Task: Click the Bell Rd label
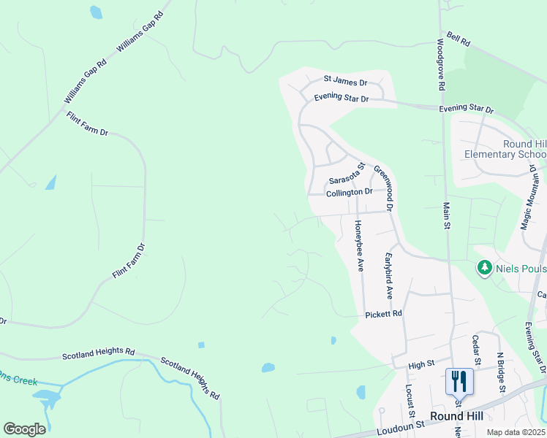(x=457, y=39)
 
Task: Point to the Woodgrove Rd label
(x=441, y=64)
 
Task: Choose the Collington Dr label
(x=350, y=192)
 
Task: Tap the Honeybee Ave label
(x=359, y=245)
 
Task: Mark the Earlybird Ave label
(x=389, y=276)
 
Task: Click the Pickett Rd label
(x=384, y=314)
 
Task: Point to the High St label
(x=421, y=363)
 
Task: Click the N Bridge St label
(x=501, y=372)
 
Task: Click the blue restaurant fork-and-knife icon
(x=459, y=381)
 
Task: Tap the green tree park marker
(x=484, y=269)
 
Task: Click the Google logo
(x=24, y=429)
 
